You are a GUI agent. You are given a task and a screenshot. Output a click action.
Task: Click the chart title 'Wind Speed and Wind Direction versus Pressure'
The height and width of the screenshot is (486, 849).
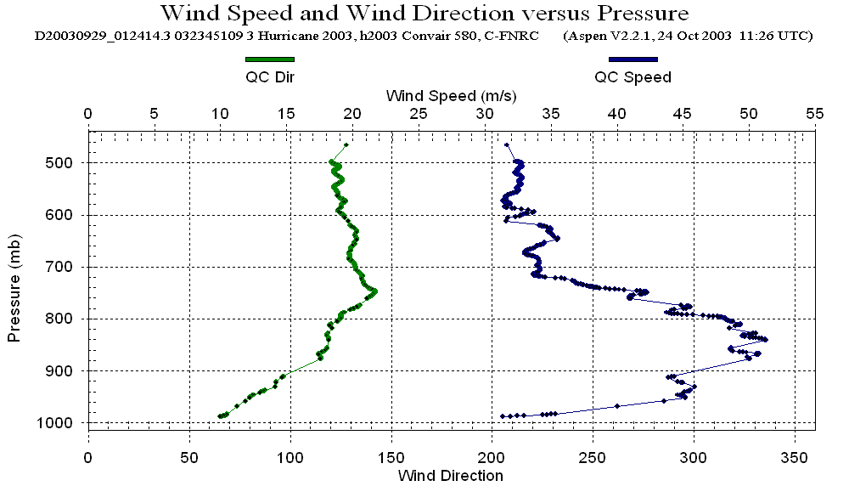[x=424, y=14]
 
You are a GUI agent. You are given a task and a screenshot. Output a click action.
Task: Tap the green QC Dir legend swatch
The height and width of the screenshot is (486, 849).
[x=269, y=59]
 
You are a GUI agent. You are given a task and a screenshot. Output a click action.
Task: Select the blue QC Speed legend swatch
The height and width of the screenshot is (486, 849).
[x=633, y=59]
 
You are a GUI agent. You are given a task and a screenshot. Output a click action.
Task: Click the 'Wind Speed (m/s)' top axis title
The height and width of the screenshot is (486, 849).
[x=451, y=95]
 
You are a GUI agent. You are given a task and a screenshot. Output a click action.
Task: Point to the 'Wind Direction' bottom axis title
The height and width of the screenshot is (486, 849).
[x=450, y=475]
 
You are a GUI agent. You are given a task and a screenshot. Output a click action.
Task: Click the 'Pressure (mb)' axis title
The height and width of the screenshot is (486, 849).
[x=14, y=285]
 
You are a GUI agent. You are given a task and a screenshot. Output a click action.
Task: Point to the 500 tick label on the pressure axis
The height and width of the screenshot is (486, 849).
[x=65, y=162]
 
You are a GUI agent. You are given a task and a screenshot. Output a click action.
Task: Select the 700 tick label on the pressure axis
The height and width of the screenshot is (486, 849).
[x=65, y=267]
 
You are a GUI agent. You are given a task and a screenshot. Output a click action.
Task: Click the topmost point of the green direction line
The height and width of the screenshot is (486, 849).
[x=346, y=145]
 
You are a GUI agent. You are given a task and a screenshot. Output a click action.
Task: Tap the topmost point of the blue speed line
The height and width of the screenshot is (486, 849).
[x=507, y=145]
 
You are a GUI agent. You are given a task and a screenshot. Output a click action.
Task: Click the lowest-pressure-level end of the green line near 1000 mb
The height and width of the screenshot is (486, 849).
[x=220, y=416]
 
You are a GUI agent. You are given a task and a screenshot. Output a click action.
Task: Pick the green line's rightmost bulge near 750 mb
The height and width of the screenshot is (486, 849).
[x=374, y=292]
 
